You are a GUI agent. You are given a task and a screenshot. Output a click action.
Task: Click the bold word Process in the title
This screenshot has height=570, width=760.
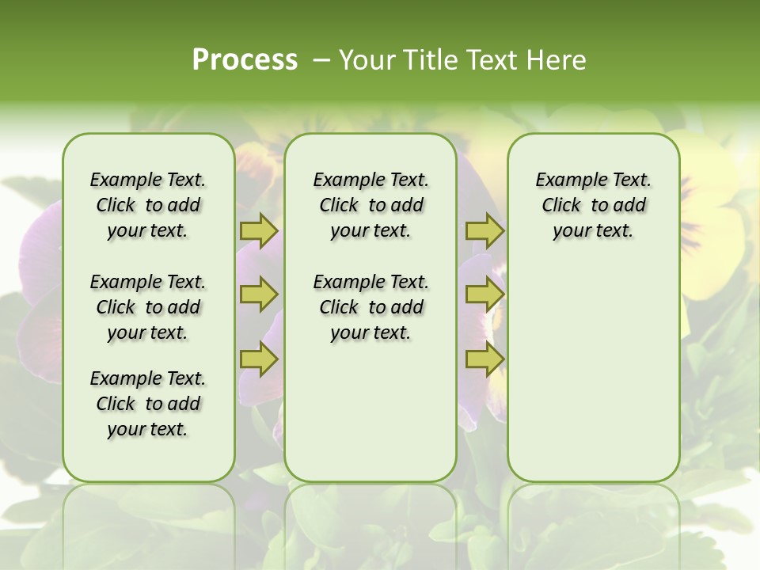(x=245, y=60)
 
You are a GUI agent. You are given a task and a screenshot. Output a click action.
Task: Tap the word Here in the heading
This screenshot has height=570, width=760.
(x=557, y=60)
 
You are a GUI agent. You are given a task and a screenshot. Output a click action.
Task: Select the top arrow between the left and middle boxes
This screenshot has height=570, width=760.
(x=258, y=231)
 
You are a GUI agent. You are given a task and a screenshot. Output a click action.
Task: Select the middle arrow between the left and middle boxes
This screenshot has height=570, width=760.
(x=258, y=295)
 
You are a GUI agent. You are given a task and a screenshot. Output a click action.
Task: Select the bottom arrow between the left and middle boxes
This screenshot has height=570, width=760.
(x=258, y=359)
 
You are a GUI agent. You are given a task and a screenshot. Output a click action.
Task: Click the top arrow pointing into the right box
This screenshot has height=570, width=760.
(x=484, y=231)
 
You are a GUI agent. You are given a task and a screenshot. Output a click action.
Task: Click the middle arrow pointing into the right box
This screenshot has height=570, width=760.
(x=484, y=295)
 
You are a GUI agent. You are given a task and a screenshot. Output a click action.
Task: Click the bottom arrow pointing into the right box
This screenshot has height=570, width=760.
(x=484, y=359)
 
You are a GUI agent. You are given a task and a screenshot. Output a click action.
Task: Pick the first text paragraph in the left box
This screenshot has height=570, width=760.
(x=148, y=205)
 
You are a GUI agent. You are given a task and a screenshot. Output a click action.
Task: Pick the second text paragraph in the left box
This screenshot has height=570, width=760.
(x=148, y=307)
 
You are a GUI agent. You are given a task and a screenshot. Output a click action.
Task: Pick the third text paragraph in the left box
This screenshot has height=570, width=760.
(x=148, y=404)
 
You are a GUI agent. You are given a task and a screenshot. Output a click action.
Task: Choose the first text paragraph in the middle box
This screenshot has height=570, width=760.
(x=370, y=205)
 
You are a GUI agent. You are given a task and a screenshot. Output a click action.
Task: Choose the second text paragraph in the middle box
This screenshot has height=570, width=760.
(x=370, y=307)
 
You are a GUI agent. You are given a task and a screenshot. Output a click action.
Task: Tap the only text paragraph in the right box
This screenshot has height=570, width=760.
(x=593, y=205)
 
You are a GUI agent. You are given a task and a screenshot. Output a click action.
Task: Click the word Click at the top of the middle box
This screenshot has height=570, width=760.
(x=339, y=206)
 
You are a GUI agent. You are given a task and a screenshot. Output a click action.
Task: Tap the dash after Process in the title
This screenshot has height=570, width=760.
(x=321, y=60)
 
